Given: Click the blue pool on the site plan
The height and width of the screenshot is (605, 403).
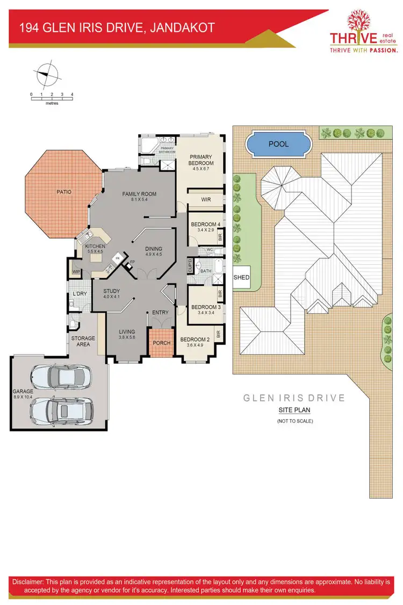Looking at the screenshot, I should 278,144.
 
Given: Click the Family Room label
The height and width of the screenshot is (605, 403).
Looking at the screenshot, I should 139,194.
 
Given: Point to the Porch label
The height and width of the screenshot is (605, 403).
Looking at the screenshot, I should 162,343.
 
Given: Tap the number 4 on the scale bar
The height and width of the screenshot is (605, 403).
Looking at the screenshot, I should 72,95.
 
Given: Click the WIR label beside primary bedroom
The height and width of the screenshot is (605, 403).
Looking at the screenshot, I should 205,199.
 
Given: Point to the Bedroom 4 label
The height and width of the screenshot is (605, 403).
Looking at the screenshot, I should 205,224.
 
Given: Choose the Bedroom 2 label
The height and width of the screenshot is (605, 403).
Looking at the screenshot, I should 194,340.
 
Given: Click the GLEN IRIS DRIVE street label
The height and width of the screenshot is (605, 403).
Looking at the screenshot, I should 294,398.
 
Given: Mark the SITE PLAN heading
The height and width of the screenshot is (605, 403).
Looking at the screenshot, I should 294,410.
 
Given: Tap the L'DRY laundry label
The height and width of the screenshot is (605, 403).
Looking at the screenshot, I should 80,294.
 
